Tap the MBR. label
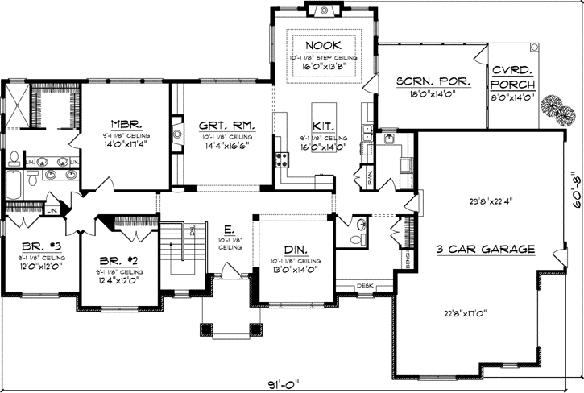(126, 125)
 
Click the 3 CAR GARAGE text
(486, 250)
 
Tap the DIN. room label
(294, 250)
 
